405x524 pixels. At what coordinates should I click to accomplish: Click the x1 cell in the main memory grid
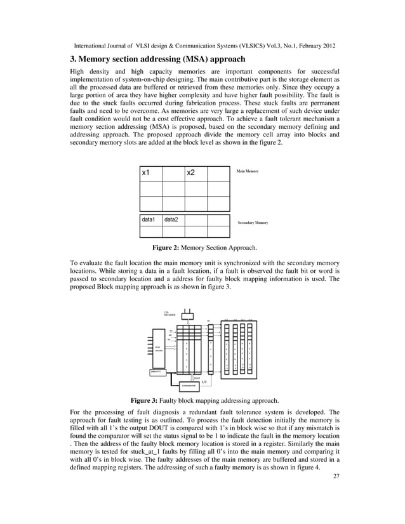tap(150, 173)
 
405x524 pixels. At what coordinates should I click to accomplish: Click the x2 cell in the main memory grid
tap(196, 173)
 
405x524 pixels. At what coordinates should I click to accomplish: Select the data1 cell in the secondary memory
tap(150, 219)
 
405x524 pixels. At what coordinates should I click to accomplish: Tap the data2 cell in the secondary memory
tap(173, 219)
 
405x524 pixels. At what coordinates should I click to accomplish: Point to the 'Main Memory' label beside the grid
tap(248, 171)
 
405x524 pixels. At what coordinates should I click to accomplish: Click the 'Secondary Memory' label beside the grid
tap(253, 223)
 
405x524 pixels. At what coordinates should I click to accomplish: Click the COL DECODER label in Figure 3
tap(169, 313)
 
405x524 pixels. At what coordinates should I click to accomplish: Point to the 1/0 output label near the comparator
tap(204, 382)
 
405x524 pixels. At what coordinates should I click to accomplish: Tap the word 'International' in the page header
tap(95, 46)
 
